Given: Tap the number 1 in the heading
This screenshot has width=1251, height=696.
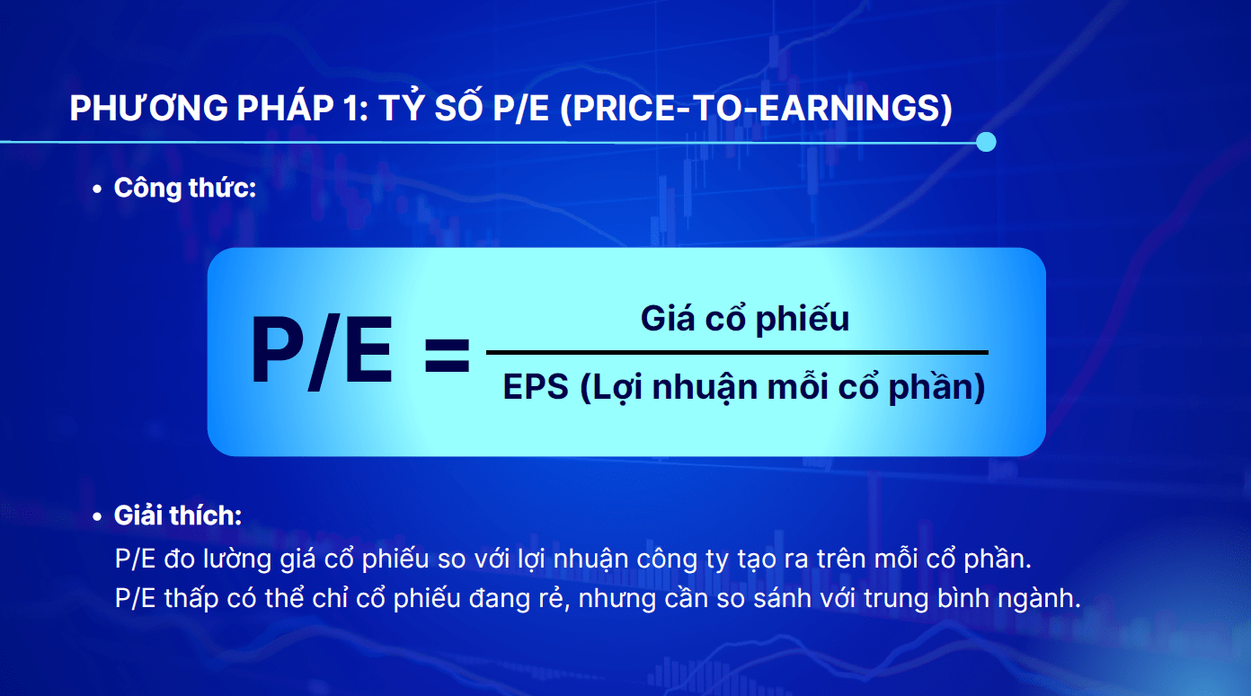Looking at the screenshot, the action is (353, 109).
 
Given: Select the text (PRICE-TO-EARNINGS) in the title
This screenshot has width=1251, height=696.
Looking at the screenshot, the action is (756, 109).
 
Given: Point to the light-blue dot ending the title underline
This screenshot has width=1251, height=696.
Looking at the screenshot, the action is (986, 142).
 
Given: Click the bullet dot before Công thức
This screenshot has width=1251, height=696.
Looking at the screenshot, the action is (97, 189).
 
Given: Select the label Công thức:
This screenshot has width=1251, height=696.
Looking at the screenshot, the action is (185, 188).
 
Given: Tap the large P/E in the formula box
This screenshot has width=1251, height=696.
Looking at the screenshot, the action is (321, 350).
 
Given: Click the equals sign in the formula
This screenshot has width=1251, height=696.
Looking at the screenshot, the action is (447, 355).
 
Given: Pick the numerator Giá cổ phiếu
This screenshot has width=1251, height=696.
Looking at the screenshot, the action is (744, 319).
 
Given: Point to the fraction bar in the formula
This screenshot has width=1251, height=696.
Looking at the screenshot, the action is (737, 352).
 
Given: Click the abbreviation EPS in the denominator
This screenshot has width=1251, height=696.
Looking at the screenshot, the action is (536, 387).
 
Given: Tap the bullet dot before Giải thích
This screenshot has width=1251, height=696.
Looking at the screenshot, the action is (97, 517).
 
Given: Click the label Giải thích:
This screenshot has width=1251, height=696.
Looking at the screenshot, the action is (178, 515).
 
